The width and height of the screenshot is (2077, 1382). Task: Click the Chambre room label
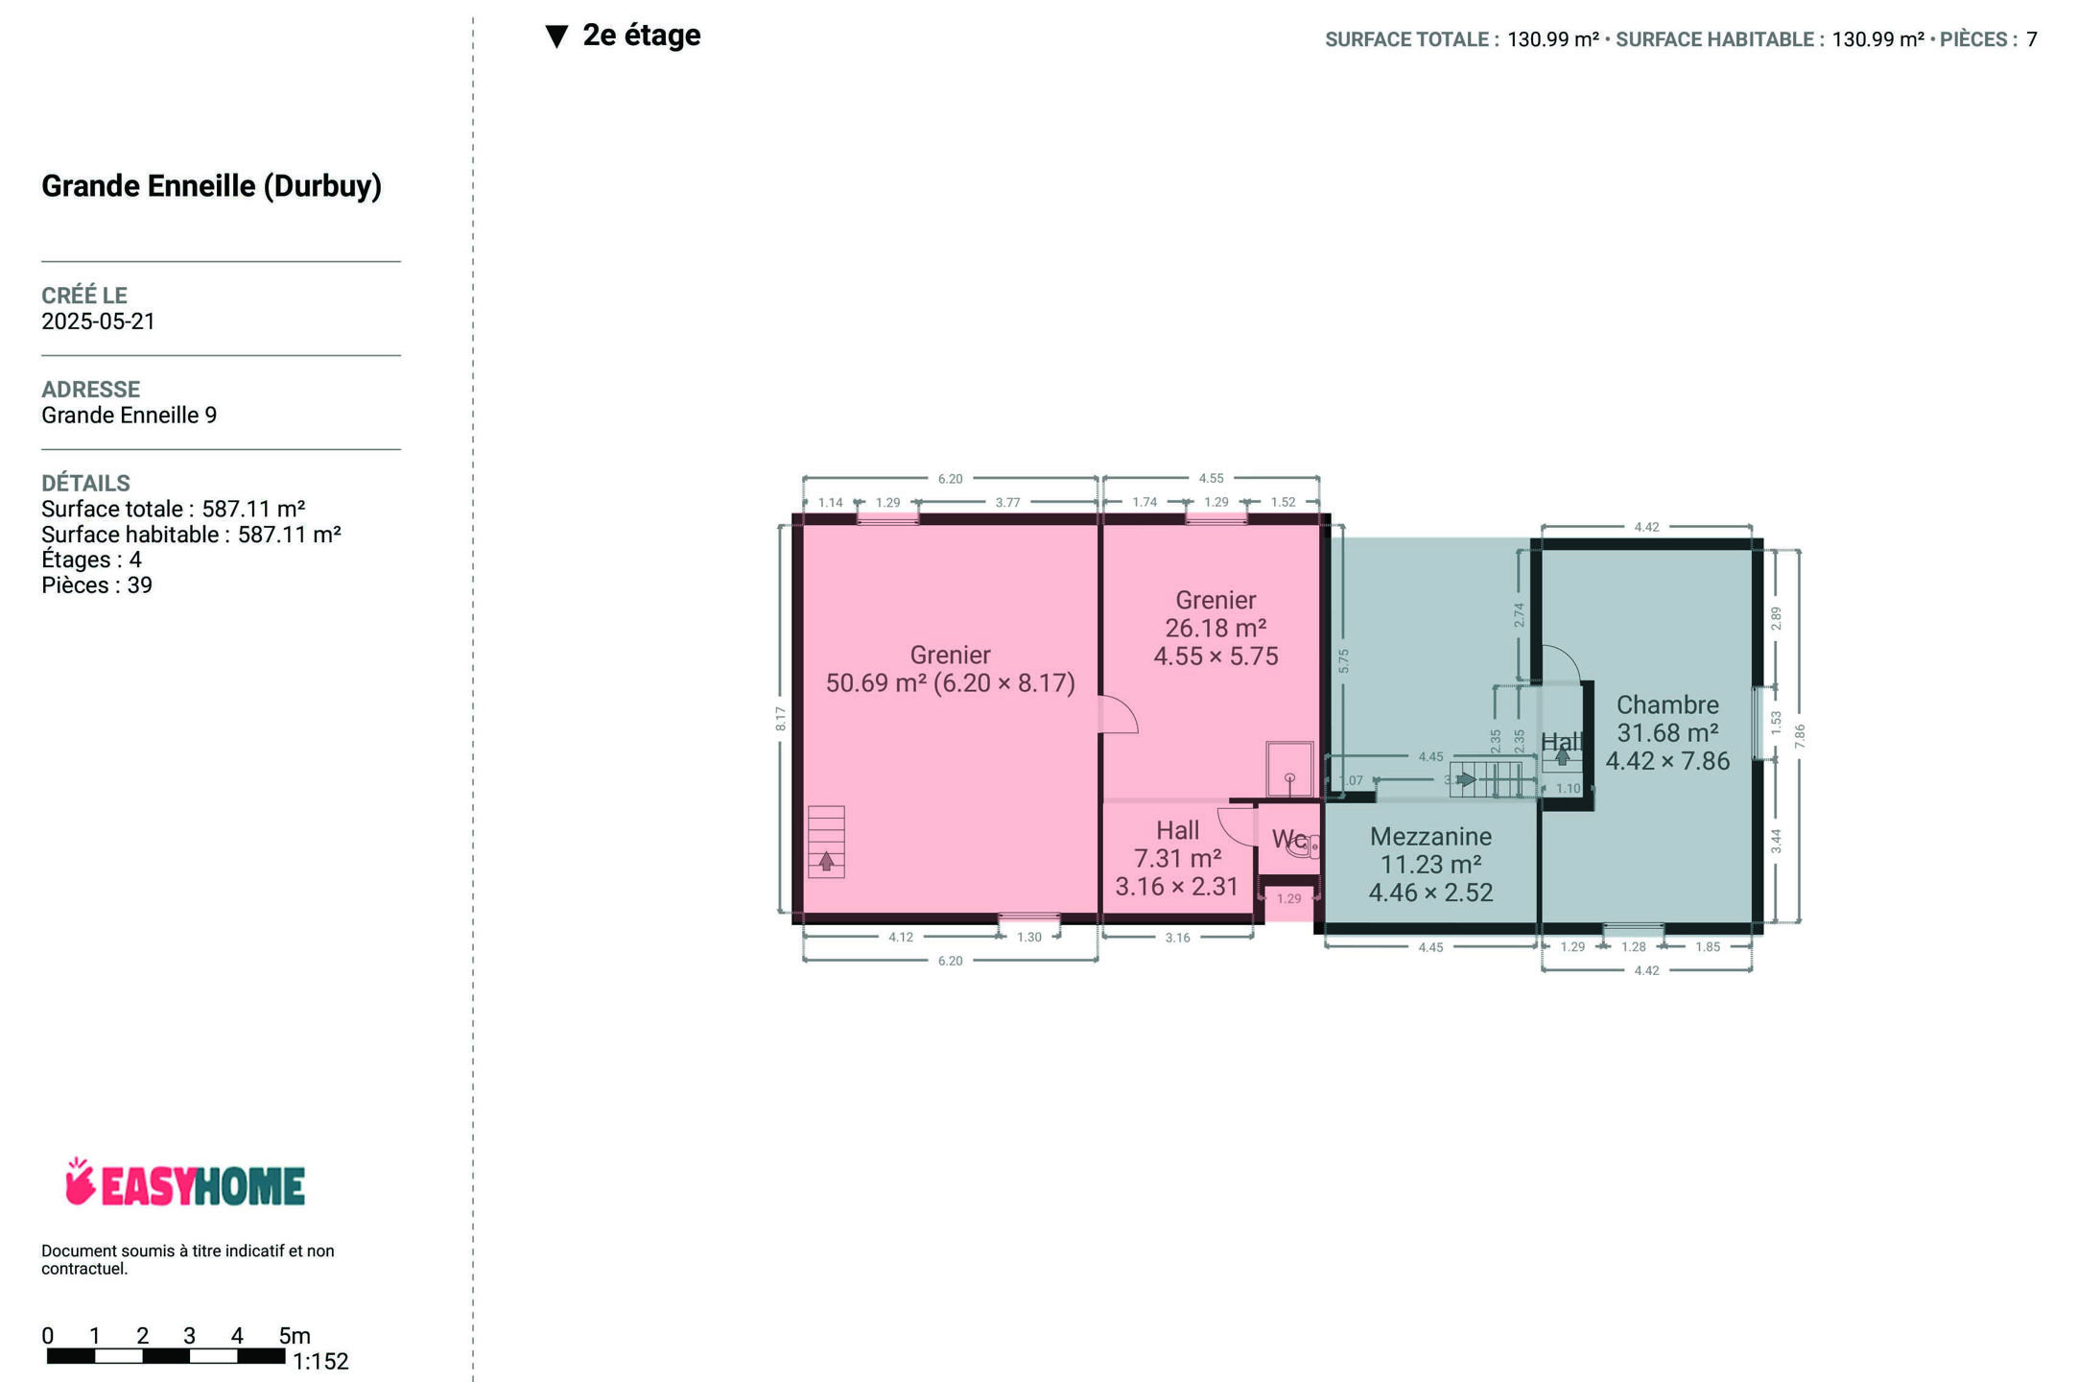tap(1667, 705)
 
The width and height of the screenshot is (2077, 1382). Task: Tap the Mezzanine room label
tap(1430, 837)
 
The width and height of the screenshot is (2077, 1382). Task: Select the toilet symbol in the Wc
tap(1302, 846)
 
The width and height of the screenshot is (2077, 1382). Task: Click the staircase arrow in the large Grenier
tap(826, 861)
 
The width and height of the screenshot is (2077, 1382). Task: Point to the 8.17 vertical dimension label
tap(781, 719)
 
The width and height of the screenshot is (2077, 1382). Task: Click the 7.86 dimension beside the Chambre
tap(1800, 736)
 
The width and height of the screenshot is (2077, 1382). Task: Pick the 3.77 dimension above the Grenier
tap(1007, 502)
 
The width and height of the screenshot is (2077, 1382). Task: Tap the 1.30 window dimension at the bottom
tap(1028, 937)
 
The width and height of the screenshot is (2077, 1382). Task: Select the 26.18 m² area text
tap(1216, 629)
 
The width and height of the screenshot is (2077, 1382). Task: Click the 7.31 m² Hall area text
tap(1177, 858)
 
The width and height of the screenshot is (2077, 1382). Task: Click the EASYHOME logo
tap(185, 1182)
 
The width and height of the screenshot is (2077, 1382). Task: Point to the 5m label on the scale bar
tap(295, 1335)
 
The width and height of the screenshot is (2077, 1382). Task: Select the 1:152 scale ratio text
tap(320, 1361)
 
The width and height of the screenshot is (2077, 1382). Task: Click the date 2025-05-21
tap(98, 322)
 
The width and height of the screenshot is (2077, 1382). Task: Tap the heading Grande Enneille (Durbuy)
tap(211, 185)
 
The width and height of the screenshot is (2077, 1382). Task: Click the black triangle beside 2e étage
tap(556, 36)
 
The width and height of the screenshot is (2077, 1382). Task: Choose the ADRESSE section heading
tap(90, 390)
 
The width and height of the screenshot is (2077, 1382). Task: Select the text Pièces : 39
tap(97, 585)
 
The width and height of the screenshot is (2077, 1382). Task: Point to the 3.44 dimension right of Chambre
tap(1776, 841)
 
